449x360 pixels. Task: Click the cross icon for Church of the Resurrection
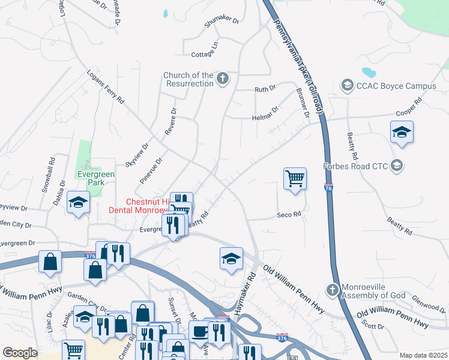point(223,79)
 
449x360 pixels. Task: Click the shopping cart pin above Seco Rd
point(295,178)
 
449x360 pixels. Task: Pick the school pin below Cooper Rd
point(402,132)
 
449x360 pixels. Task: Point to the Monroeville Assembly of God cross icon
point(332,290)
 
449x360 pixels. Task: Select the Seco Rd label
point(288,215)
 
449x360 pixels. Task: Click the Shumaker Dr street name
point(221,21)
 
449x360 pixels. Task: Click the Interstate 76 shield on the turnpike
point(328,188)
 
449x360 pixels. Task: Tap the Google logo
point(20,353)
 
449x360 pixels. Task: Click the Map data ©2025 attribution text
point(423,355)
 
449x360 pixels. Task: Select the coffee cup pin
point(199,331)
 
